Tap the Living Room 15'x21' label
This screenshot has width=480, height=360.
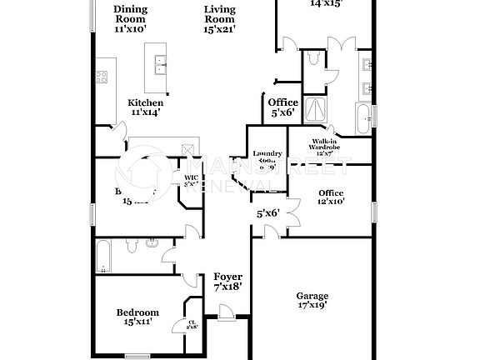220,18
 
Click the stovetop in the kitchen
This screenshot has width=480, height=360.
102,79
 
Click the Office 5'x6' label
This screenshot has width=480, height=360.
282,107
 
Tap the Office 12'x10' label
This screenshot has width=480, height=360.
331,197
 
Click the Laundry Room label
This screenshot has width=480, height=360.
267,159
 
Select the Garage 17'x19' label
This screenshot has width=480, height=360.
312,300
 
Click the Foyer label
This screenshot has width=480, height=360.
227,281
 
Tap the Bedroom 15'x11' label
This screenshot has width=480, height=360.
137,317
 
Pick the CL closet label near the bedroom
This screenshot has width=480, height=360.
192,325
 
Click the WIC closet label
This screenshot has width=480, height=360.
191,180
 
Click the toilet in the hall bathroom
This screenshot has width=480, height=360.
152,244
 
